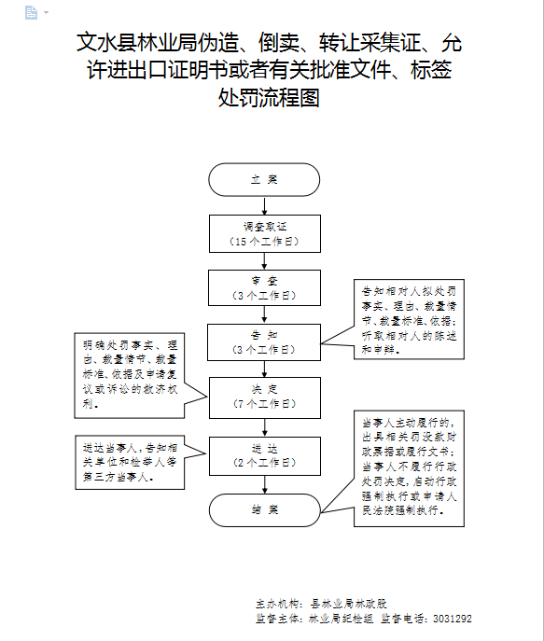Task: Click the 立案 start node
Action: [264, 179]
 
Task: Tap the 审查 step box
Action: [264, 288]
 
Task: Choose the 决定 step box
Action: [264, 397]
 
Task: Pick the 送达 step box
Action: [264, 454]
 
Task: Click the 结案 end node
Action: [264, 509]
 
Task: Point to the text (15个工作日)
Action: [264, 242]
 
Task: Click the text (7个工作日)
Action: [264, 404]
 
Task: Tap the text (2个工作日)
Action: [264, 462]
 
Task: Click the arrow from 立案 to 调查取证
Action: [264, 205]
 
